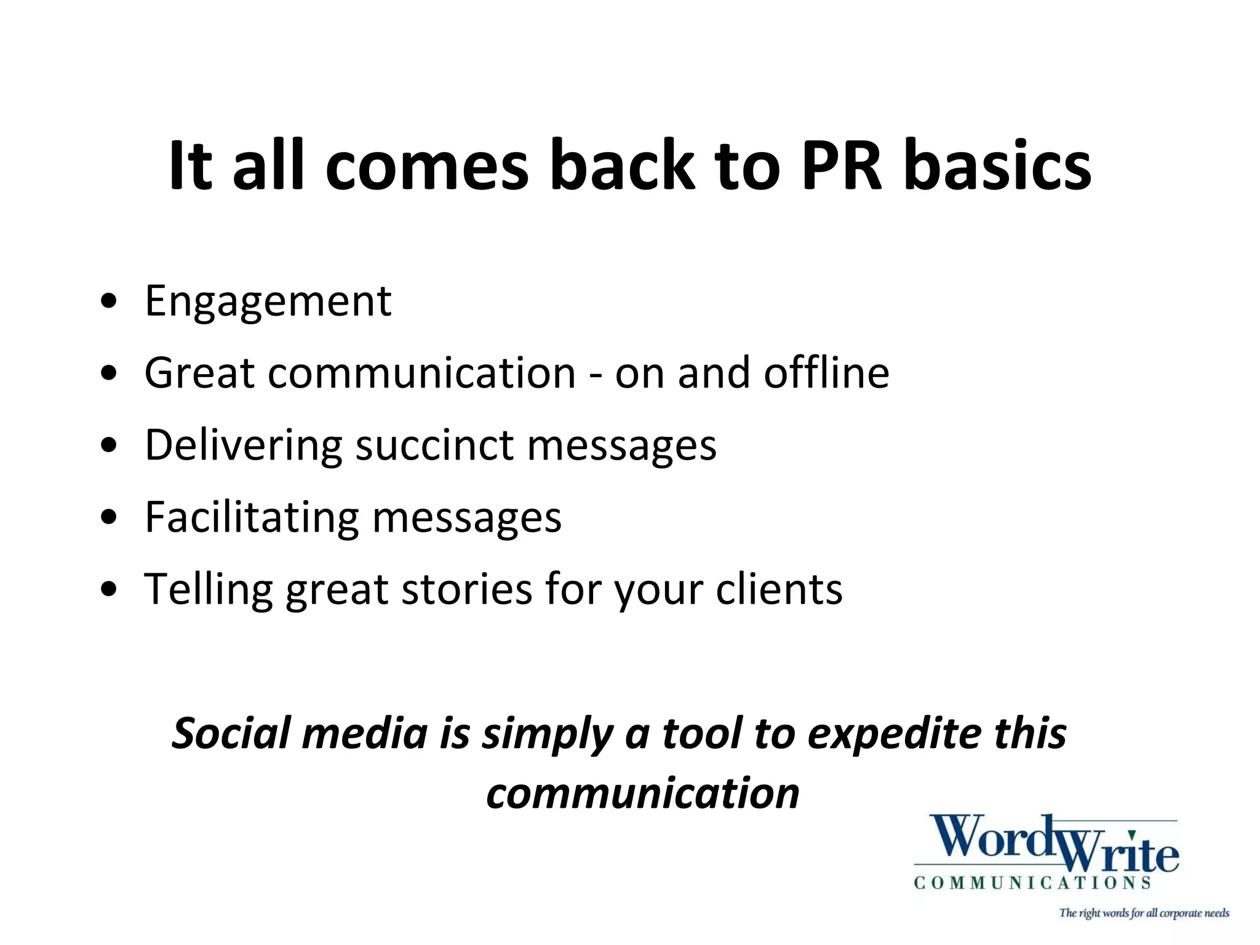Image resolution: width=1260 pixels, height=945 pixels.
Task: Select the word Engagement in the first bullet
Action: coord(268,301)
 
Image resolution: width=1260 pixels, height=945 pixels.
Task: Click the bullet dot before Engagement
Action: coord(109,302)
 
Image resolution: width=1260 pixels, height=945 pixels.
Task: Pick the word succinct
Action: coord(434,445)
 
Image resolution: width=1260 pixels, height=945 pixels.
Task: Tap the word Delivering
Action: coord(243,445)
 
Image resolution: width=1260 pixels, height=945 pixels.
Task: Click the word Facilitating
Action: coord(252,517)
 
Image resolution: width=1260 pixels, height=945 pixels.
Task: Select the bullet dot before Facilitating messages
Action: coord(109,518)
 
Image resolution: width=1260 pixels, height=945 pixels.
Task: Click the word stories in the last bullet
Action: coord(466,589)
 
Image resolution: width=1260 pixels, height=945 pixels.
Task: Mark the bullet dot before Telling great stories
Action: coord(109,590)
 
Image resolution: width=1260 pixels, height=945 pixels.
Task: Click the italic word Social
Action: coord(231,733)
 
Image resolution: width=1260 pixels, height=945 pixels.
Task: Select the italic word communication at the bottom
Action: coord(642,793)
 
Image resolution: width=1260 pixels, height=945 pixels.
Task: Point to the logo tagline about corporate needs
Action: coord(1144,913)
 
